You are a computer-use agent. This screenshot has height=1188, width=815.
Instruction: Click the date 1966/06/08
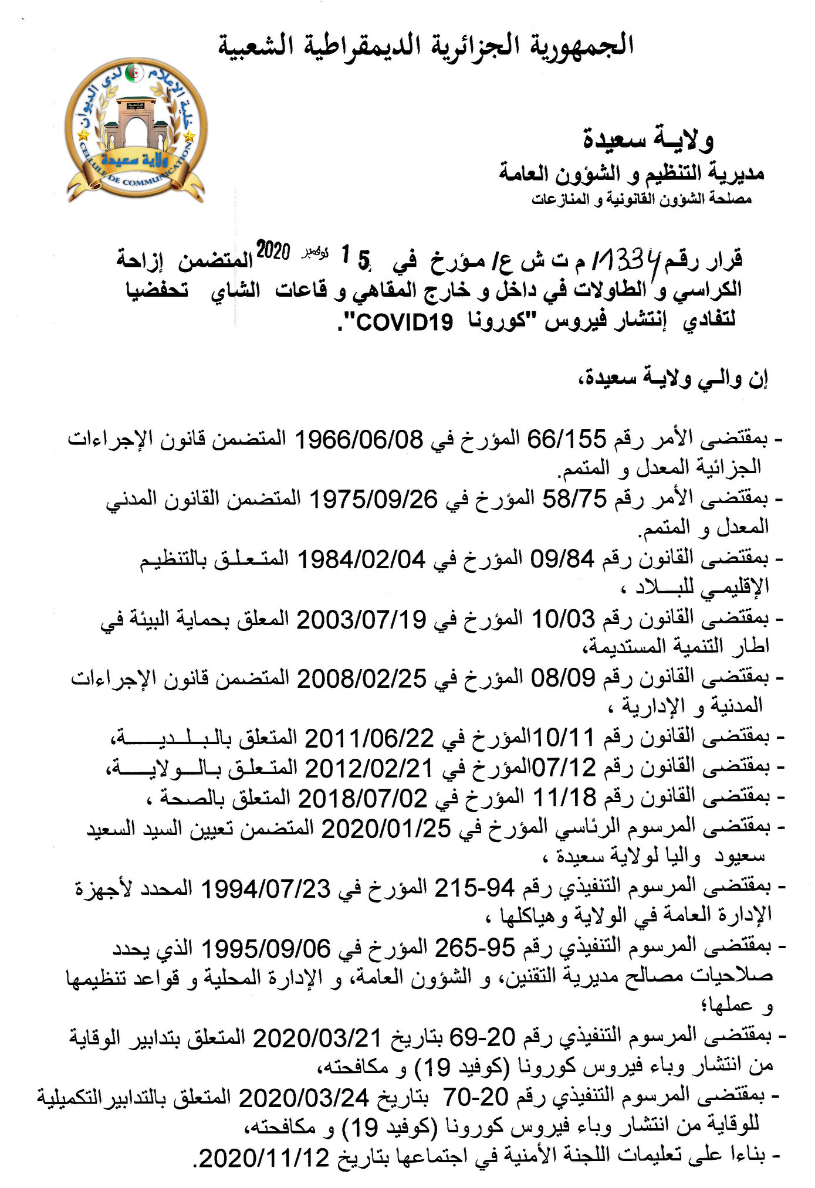point(358,439)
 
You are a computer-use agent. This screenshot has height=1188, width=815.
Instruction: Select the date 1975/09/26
point(373,499)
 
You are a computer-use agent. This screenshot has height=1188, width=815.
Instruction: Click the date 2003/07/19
point(361,620)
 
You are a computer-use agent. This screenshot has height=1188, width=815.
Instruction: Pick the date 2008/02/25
point(361,679)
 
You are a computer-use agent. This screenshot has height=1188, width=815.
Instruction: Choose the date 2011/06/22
point(369,738)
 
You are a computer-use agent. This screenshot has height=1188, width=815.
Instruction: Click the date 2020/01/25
point(387,829)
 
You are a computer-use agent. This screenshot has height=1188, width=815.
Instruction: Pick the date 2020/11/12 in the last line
point(264,1158)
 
